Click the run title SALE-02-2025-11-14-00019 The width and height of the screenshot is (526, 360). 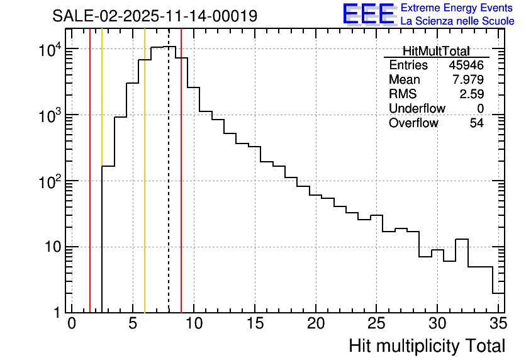(155, 16)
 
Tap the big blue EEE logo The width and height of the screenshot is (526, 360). (368, 14)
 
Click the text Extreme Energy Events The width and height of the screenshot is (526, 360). (457, 8)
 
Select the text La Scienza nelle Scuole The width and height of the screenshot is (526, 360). (457, 21)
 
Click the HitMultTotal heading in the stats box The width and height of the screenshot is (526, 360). (436, 51)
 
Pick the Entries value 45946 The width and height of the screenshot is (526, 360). (466, 65)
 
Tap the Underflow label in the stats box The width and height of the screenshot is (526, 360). (417, 108)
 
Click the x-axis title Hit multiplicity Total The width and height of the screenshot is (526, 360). (427, 346)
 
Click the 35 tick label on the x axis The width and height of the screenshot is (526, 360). (498, 323)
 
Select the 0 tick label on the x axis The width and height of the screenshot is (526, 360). (72, 323)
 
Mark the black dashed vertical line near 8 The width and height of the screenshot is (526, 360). (169, 189)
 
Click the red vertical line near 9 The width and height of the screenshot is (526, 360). (181, 189)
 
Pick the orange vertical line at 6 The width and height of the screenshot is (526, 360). (145, 189)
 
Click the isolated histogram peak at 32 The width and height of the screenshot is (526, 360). (462, 240)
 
